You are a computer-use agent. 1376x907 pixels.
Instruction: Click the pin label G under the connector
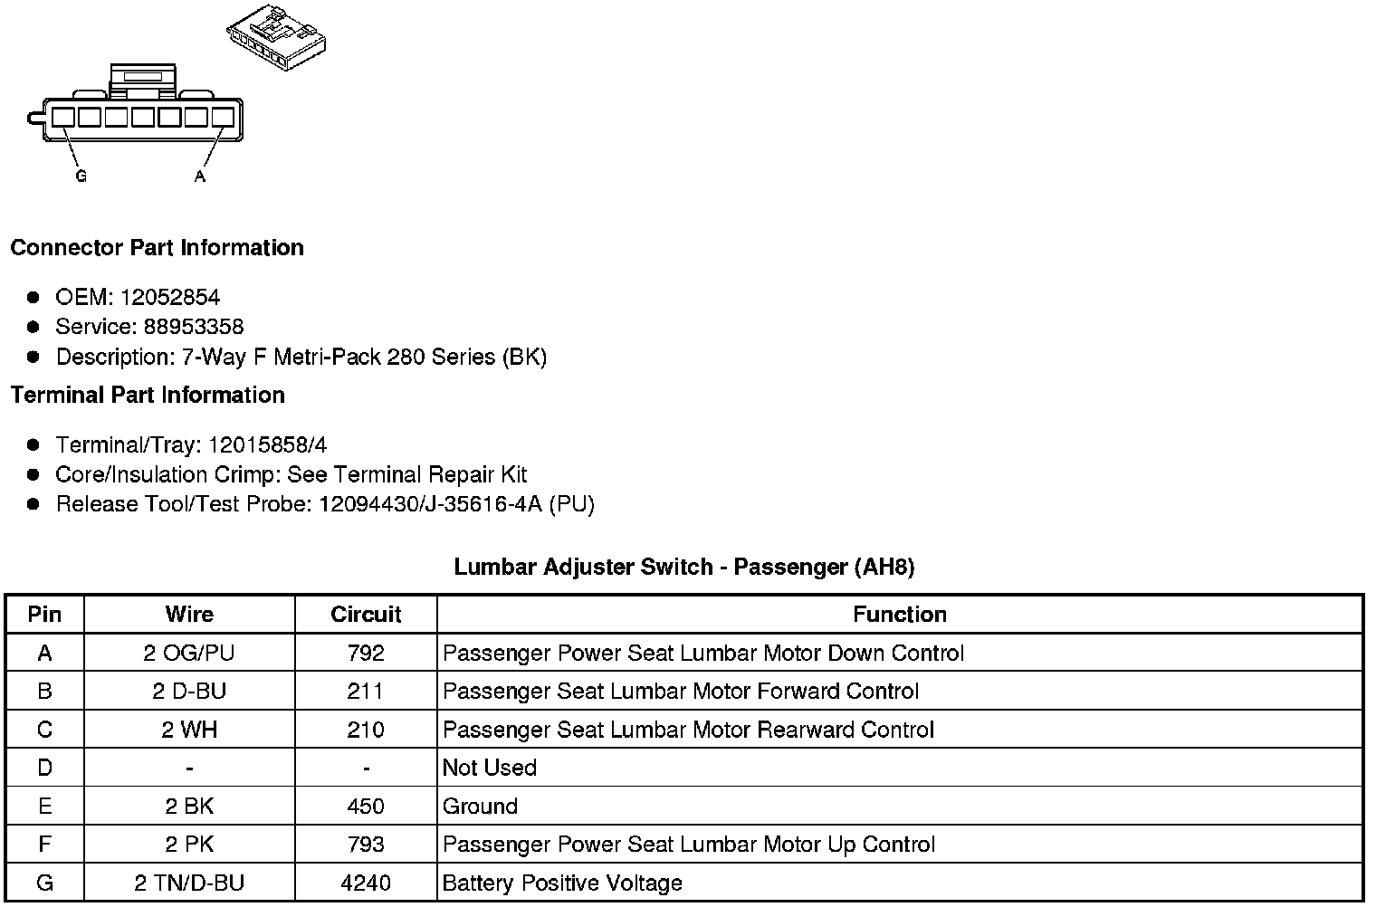[81, 177]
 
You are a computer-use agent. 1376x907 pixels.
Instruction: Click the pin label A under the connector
[200, 177]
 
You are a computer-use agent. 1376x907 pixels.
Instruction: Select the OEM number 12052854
[170, 297]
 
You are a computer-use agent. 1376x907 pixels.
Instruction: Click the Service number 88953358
[194, 327]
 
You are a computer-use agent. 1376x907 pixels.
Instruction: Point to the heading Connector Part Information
[157, 248]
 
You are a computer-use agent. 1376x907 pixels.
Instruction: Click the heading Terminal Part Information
[148, 396]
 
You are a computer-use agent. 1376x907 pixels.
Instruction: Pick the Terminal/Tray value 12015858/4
[267, 445]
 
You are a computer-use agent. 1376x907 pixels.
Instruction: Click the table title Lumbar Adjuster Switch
[684, 568]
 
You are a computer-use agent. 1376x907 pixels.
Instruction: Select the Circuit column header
[366, 615]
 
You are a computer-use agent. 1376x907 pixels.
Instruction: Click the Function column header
[900, 615]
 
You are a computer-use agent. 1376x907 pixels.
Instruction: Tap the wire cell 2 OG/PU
[189, 654]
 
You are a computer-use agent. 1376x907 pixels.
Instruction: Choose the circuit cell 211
[366, 692]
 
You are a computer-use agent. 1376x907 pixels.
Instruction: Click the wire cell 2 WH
[189, 730]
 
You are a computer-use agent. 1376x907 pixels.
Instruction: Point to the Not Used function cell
[490, 768]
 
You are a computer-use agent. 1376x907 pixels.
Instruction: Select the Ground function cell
[480, 807]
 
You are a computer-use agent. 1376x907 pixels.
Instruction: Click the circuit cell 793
[366, 845]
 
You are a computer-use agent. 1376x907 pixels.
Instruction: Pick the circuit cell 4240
[366, 883]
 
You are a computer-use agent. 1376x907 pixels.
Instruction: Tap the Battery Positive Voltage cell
[562, 883]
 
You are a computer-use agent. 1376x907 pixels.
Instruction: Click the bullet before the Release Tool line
[33, 504]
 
